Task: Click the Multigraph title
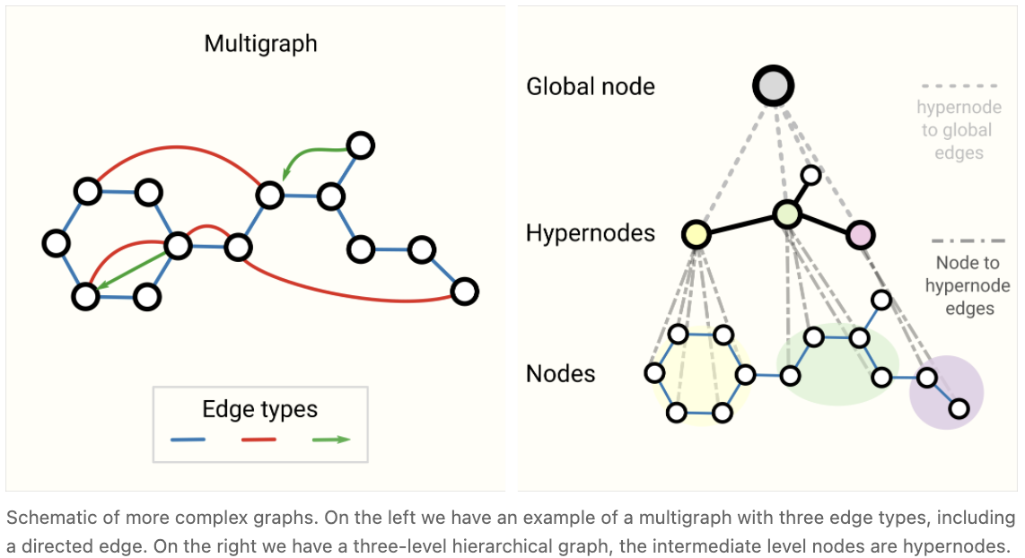click(260, 44)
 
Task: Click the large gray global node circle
click(773, 87)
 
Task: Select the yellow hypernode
click(696, 235)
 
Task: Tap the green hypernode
click(787, 214)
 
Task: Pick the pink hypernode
click(860, 234)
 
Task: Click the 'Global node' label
click(591, 87)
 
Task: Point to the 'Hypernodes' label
click(591, 234)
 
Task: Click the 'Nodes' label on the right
click(561, 373)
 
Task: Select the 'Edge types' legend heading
click(260, 410)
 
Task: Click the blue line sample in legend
click(188, 440)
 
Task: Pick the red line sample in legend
click(258, 440)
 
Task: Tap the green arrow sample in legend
click(330, 440)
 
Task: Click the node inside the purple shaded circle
click(959, 409)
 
